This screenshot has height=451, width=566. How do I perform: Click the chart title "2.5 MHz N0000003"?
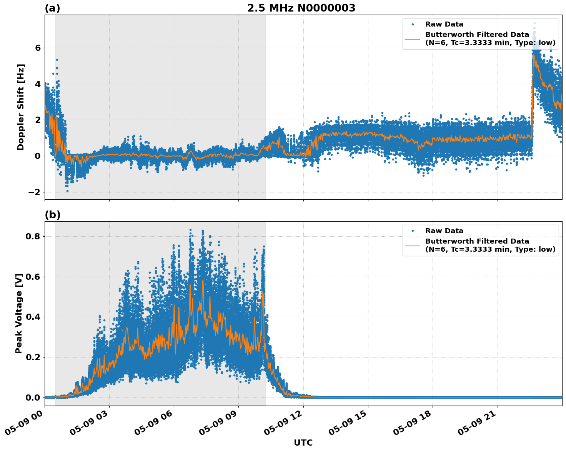coord(301,8)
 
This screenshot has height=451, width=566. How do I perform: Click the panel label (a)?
coord(52,8)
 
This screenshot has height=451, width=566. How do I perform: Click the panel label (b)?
coord(52,215)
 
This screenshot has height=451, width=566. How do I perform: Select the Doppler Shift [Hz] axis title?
coord(21,107)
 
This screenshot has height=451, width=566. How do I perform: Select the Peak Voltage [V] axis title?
coord(19,313)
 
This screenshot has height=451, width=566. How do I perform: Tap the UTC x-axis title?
coord(303,443)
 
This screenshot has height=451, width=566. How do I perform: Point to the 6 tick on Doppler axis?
coord(38,48)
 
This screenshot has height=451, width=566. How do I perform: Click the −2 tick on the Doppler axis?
coord(35,192)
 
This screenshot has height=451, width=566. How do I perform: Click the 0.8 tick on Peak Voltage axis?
coord(33,236)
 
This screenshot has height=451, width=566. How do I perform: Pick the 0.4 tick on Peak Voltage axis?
coord(33,317)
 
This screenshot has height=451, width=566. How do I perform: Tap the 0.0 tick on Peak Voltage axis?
coord(33,398)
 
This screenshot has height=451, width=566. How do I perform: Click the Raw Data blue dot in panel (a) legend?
coord(412,24)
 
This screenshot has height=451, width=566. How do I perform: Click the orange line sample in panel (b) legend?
coord(412,245)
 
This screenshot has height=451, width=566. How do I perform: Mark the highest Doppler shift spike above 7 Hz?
coord(534,23)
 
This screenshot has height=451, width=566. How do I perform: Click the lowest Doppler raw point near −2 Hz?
coord(67,191)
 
